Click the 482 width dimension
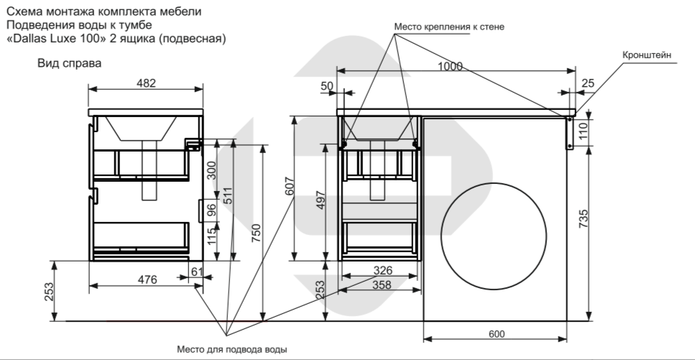[147, 83]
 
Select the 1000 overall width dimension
[450, 67]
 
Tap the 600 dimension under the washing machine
[495, 334]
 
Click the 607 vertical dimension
[289, 187]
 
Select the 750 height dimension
[256, 234]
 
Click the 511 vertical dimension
[227, 195]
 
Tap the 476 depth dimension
[147, 280]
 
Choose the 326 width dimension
[383, 270]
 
